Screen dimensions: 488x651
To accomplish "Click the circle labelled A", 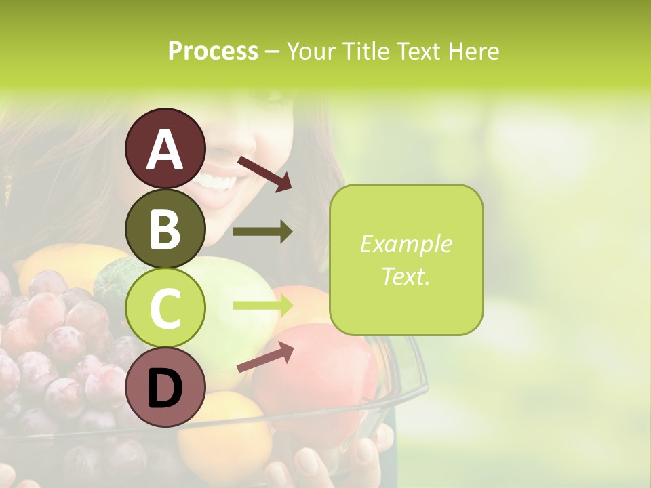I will click(165, 148).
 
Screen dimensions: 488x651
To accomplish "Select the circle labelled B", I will click(165, 228).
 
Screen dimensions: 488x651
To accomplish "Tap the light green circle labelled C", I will click(165, 307).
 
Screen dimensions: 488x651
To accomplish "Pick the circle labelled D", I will click(165, 387).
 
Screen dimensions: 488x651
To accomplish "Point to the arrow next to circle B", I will click(262, 232).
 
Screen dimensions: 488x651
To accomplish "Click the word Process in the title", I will click(213, 51).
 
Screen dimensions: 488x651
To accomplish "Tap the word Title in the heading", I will click(368, 51).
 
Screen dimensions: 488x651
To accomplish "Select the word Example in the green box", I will click(406, 244).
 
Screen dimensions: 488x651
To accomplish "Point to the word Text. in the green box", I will click(406, 276).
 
